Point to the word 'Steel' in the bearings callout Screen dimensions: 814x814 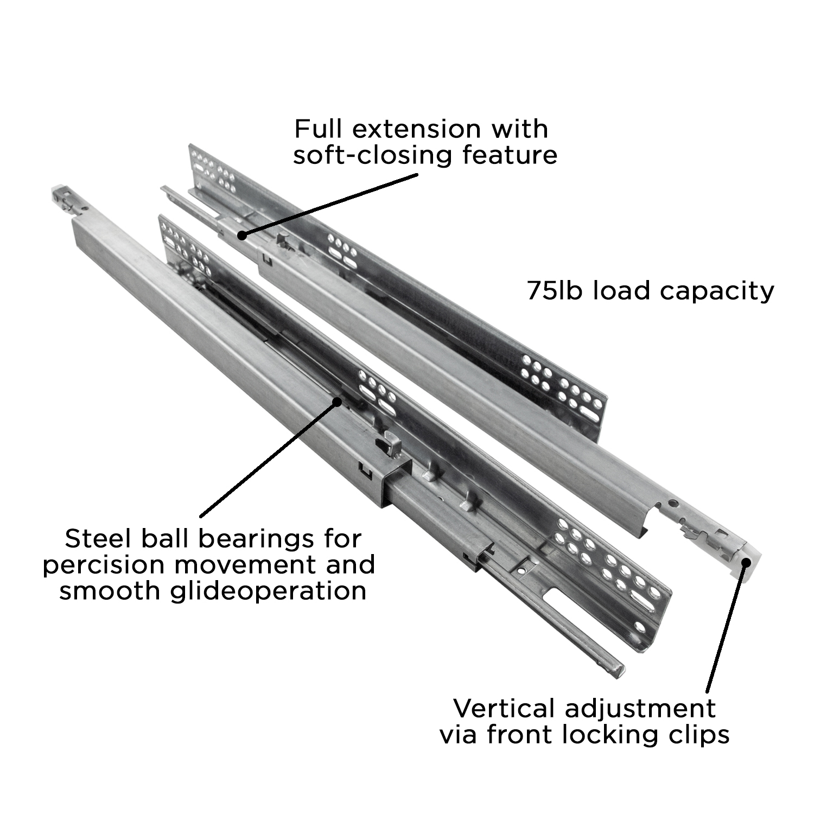tap(98, 539)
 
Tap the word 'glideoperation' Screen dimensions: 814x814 tap(268, 590)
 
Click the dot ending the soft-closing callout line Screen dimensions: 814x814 tap(242, 235)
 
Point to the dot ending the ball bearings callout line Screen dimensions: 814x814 tap(338, 402)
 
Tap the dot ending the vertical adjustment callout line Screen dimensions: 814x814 tap(746, 563)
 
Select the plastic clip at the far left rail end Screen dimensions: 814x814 tap(63, 196)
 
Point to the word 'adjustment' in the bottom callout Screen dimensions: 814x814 tap(640, 709)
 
